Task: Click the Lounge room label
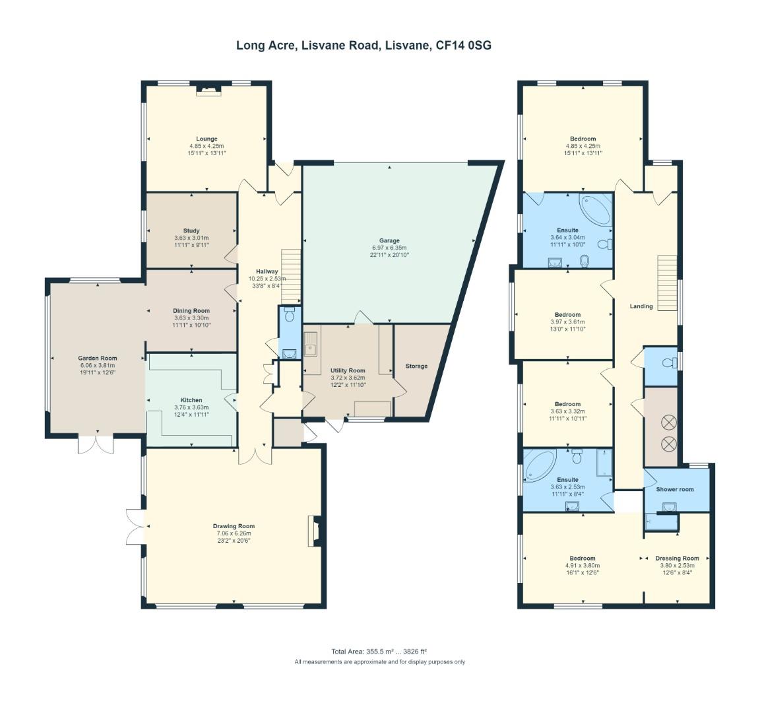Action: (206, 139)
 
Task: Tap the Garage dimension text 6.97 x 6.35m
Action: (389, 248)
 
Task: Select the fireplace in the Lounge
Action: (208, 90)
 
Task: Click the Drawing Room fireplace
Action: (315, 531)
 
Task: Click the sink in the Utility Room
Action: (310, 344)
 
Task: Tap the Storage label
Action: (416, 366)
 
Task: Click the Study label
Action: (191, 231)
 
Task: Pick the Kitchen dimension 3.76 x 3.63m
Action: (191, 407)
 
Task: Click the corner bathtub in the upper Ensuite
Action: (596, 210)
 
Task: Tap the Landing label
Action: (641, 306)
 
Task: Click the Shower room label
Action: (675, 489)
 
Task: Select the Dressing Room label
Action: (677, 559)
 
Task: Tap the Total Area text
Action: (379, 652)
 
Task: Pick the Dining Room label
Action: (191, 311)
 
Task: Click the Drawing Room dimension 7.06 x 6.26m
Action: (234, 533)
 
